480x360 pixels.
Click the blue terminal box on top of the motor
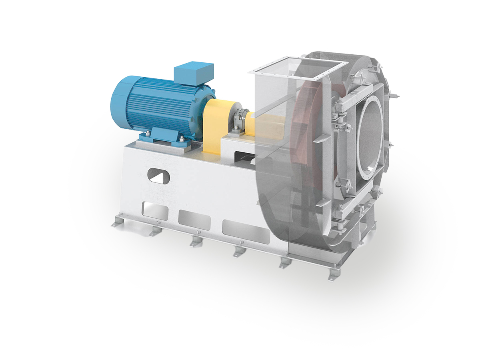pyautogui.click(x=194, y=73)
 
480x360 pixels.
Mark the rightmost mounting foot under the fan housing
pyautogui.click(x=332, y=276)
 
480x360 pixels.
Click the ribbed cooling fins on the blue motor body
pyautogui.click(x=168, y=106)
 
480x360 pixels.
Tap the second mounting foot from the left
pyautogui.click(x=154, y=231)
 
